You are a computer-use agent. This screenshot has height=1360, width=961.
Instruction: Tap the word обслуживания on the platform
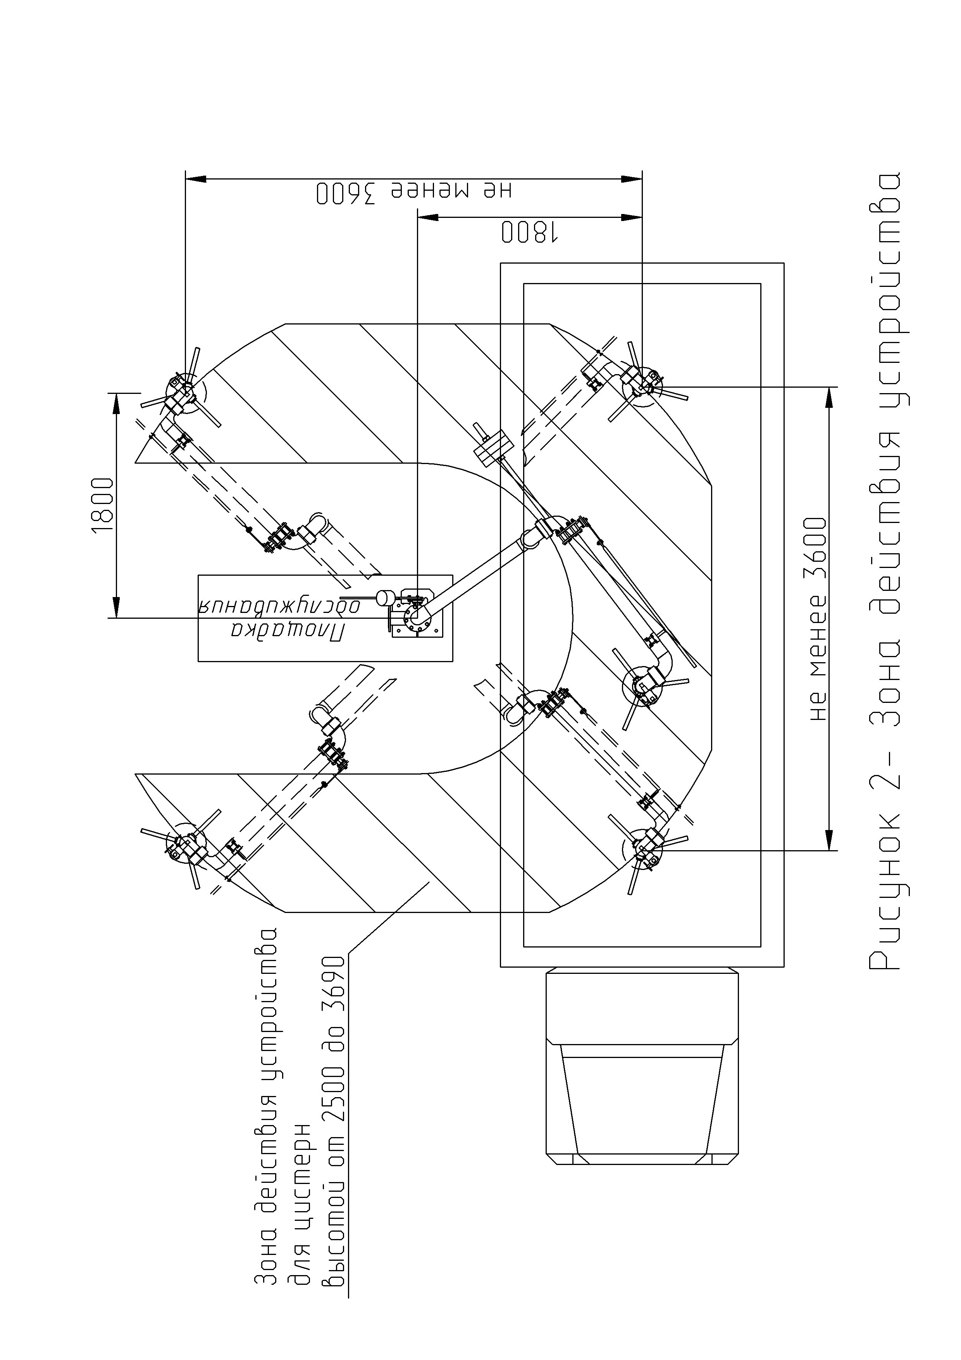[x=278, y=605]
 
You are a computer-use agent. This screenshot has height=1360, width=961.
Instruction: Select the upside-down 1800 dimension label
[x=530, y=232]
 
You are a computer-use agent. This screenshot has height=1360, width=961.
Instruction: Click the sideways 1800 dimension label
[x=102, y=505]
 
